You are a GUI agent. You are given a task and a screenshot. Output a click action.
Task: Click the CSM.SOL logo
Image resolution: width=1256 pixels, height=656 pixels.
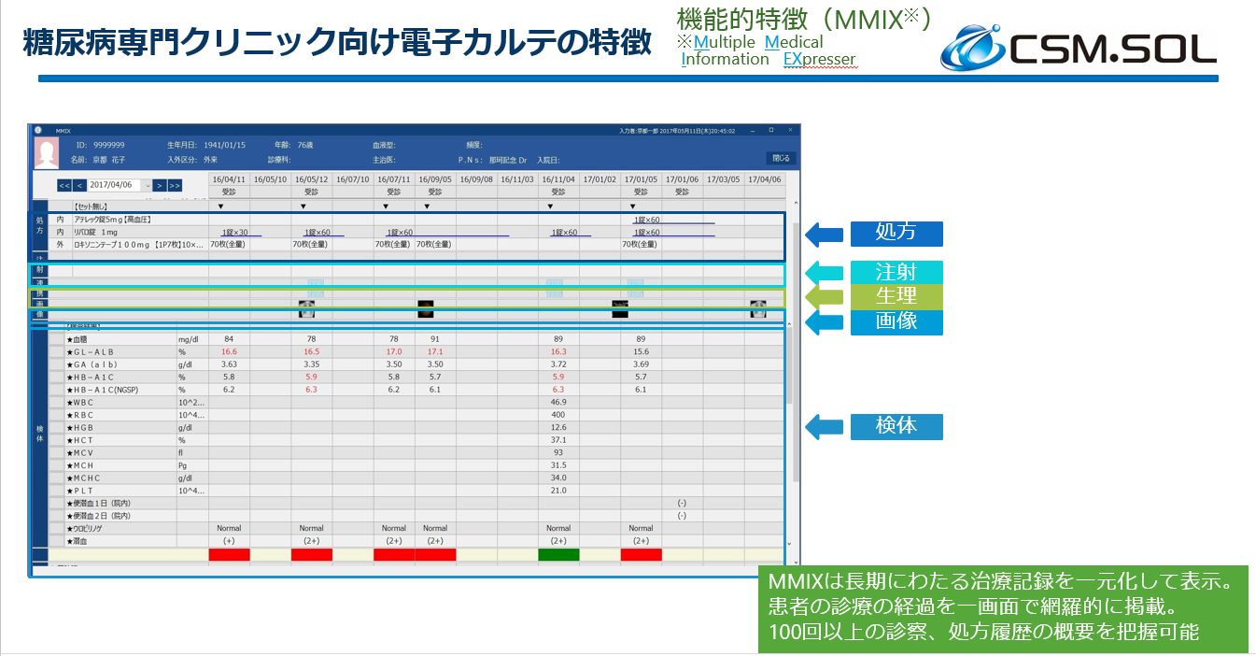tap(1078, 49)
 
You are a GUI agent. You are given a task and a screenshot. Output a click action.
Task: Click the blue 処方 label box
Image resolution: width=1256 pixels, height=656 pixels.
tap(896, 234)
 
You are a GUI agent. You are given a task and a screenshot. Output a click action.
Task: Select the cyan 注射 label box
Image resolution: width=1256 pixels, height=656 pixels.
tap(896, 273)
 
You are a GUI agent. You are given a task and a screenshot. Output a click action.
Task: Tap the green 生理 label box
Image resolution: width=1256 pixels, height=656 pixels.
tap(896, 297)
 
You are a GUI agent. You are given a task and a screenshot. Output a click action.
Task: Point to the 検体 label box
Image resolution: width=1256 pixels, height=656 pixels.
tap(896, 427)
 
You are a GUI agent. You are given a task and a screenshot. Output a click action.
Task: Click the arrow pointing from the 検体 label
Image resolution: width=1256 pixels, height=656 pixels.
tap(825, 427)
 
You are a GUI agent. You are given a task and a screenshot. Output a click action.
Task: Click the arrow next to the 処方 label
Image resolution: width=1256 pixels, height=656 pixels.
tap(825, 234)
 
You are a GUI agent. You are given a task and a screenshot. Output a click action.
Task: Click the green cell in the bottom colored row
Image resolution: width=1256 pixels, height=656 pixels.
tap(558, 555)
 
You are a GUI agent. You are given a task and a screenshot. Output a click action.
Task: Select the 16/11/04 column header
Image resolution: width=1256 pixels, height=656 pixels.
tap(558, 178)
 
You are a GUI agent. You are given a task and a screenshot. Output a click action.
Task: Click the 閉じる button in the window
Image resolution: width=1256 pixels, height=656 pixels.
tap(780, 158)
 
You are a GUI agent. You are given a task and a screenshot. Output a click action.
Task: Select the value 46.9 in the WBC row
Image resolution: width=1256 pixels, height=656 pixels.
tap(558, 402)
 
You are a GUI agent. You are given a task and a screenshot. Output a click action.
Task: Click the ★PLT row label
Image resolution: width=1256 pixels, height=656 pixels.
tap(80, 491)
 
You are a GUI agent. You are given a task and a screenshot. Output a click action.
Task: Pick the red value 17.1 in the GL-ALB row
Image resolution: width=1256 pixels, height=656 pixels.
tap(435, 351)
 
